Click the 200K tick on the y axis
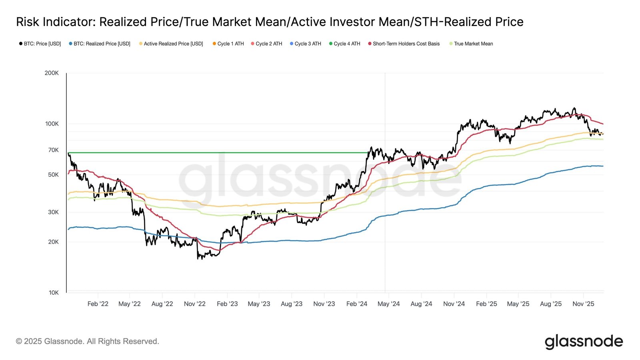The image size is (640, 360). pyautogui.click(x=52, y=73)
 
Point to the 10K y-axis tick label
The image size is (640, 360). pyautogui.click(x=54, y=292)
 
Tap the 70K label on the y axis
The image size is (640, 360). pyautogui.click(x=53, y=150)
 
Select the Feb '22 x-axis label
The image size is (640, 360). pyautogui.click(x=98, y=304)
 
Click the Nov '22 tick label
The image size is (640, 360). pyautogui.click(x=194, y=304)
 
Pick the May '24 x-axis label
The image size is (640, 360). pyautogui.click(x=388, y=304)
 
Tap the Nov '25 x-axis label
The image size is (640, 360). pyautogui.click(x=583, y=304)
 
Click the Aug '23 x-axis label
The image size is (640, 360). pyautogui.click(x=292, y=304)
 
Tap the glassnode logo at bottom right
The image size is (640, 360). pyautogui.click(x=584, y=341)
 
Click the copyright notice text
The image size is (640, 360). pyautogui.click(x=88, y=341)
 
